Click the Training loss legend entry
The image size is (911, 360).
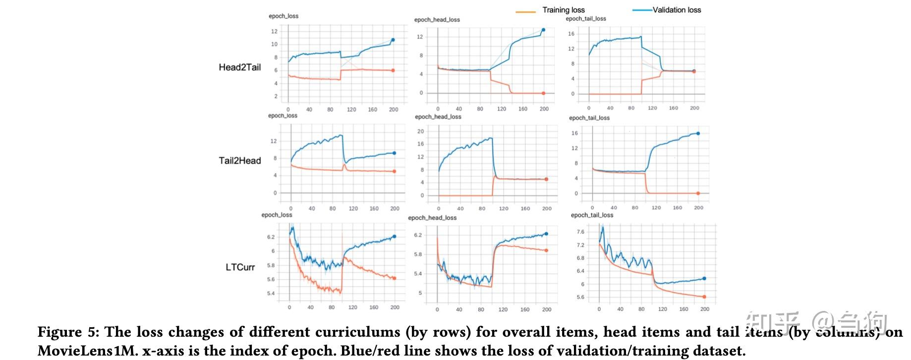[563, 10]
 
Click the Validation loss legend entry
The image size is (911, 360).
[677, 10]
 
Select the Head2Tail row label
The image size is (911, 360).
[239, 67]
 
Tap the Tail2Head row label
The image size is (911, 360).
[239, 161]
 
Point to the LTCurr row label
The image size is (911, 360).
[240, 267]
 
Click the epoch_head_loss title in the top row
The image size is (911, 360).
[437, 20]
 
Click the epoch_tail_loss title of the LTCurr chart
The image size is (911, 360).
[592, 215]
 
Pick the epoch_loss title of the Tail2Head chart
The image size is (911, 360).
[283, 116]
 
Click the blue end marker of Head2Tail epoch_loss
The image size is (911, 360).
[393, 40]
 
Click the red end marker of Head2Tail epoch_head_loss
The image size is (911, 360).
[543, 93]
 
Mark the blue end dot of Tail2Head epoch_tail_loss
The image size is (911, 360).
[698, 133]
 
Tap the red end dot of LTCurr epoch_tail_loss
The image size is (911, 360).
[704, 297]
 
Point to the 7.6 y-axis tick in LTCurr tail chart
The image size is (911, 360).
[580, 232]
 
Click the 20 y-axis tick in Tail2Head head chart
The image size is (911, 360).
[420, 131]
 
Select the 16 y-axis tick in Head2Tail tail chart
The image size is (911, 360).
[571, 34]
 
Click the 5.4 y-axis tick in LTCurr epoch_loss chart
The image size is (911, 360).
[270, 294]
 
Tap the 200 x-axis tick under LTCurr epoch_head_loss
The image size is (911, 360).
[547, 309]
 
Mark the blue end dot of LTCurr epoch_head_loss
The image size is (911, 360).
[547, 234]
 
